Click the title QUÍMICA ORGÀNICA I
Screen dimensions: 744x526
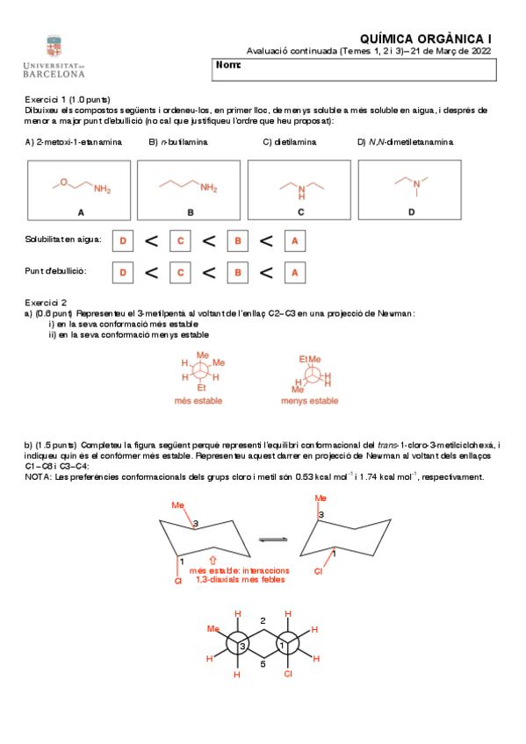coord(426,39)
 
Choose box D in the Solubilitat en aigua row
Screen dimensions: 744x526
coord(123,240)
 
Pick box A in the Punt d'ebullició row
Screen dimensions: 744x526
coord(294,273)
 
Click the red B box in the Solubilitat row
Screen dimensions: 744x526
coord(236,240)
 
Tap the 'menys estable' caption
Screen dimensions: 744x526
coord(309,401)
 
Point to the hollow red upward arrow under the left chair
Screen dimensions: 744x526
coord(213,557)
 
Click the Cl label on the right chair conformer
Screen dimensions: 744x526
coord(320,571)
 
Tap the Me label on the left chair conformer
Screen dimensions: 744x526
coord(177,505)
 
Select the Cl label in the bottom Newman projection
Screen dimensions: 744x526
coord(287,675)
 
